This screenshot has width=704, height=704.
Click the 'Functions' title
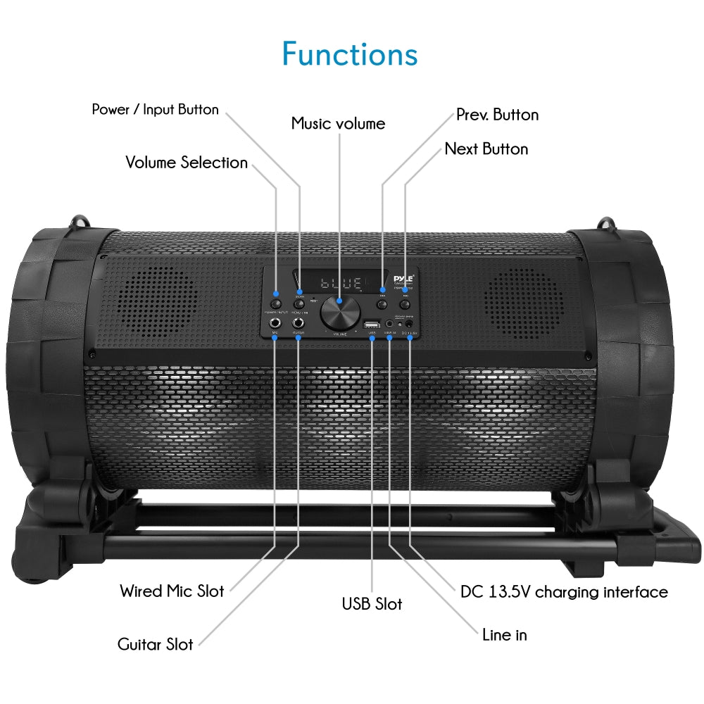pyautogui.click(x=350, y=54)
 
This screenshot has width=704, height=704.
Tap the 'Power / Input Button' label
pyautogui.click(x=156, y=110)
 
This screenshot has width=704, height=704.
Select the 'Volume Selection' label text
pyautogui.click(x=187, y=163)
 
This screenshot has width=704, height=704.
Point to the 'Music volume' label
pyautogui.click(x=339, y=124)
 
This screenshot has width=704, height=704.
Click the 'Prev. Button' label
pyautogui.click(x=497, y=115)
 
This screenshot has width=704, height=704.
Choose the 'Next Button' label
pyautogui.click(x=486, y=149)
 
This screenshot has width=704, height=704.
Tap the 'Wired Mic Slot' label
pyautogui.click(x=172, y=591)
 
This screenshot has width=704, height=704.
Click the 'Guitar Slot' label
pyautogui.click(x=156, y=644)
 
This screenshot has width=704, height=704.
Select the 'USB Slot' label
pyautogui.click(x=372, y=604)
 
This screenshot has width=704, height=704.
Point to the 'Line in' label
pyautogui.click(x=504, y=634)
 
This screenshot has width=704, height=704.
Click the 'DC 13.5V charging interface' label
pyautogui.click(x=564, y=592)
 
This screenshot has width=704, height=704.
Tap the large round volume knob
pyautogui.click(x=339, y=312)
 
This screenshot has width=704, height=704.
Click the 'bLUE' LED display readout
pyautogui.click(x=341, y=284)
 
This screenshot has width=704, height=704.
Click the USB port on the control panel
pyautogui.click(x=371, y=325)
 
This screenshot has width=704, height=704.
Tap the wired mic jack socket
pyautogui.click(x=275, y=323)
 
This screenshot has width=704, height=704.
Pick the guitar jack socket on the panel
pyautogui.click(x=298, y=323)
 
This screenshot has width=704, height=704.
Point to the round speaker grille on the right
pyautogui.click(x=524, y=301)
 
